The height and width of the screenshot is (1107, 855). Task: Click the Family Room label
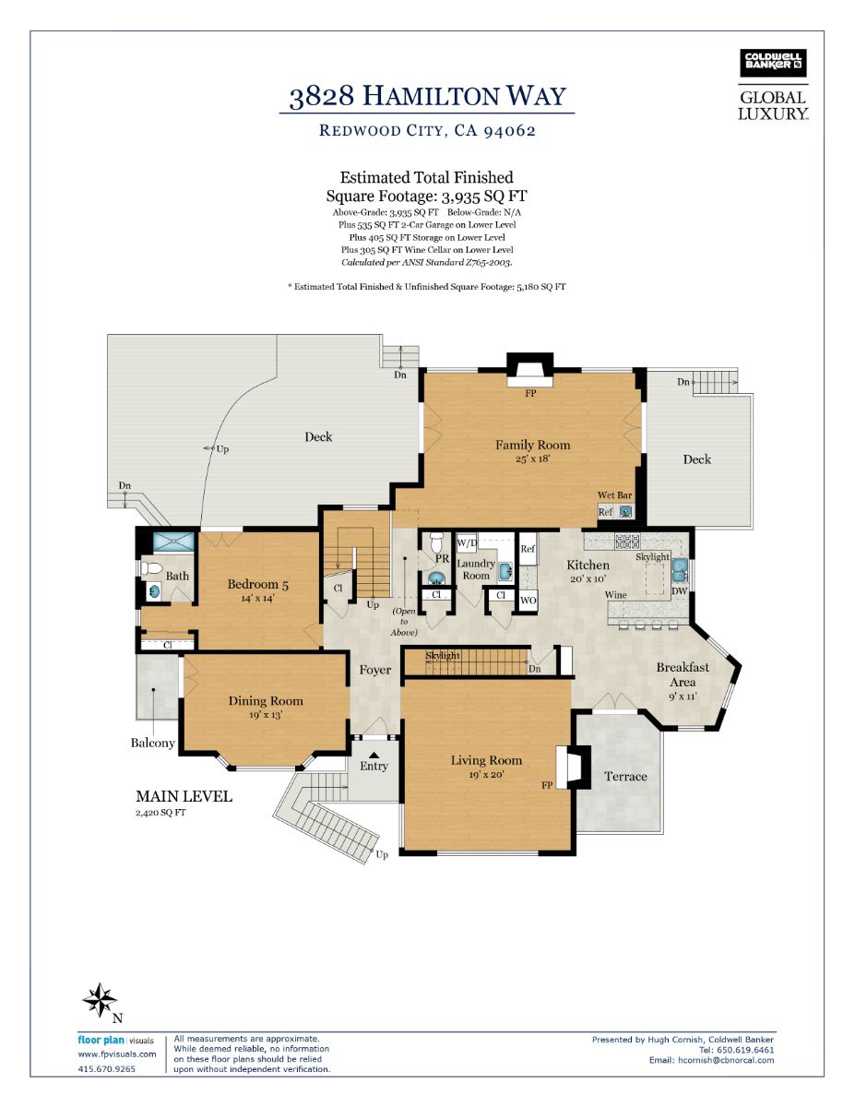[x=533, y=445]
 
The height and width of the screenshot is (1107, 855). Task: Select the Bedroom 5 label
[x=257, y=584]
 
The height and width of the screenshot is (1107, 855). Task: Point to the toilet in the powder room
[x=437, y=543]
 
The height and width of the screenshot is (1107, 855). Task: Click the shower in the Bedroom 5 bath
[x=173, y=542]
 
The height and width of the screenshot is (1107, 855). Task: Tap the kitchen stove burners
[x=627, y=541]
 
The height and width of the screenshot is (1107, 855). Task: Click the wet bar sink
[x=626, y=510]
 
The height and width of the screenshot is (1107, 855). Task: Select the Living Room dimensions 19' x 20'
[x=486, y=775]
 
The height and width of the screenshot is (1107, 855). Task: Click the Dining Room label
[x=266, y=701]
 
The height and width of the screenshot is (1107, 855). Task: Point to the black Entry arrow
[x=374, y=755]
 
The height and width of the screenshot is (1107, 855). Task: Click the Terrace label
[x=625, y=777]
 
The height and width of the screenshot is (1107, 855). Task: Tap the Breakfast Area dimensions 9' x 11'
[x=683, y=696]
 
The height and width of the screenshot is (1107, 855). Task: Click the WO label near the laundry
[x=528, y=601]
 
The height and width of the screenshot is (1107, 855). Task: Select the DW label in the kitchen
[x=680, y=591]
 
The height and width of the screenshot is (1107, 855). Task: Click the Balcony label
[x=153, y=743]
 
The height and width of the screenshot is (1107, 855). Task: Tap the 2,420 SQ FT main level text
[x=160, y=813]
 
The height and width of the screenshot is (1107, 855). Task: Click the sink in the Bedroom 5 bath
[x=153, y=591]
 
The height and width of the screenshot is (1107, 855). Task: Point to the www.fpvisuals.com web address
[x=117, y=1054]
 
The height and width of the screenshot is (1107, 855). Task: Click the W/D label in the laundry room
[x=467, y=542]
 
